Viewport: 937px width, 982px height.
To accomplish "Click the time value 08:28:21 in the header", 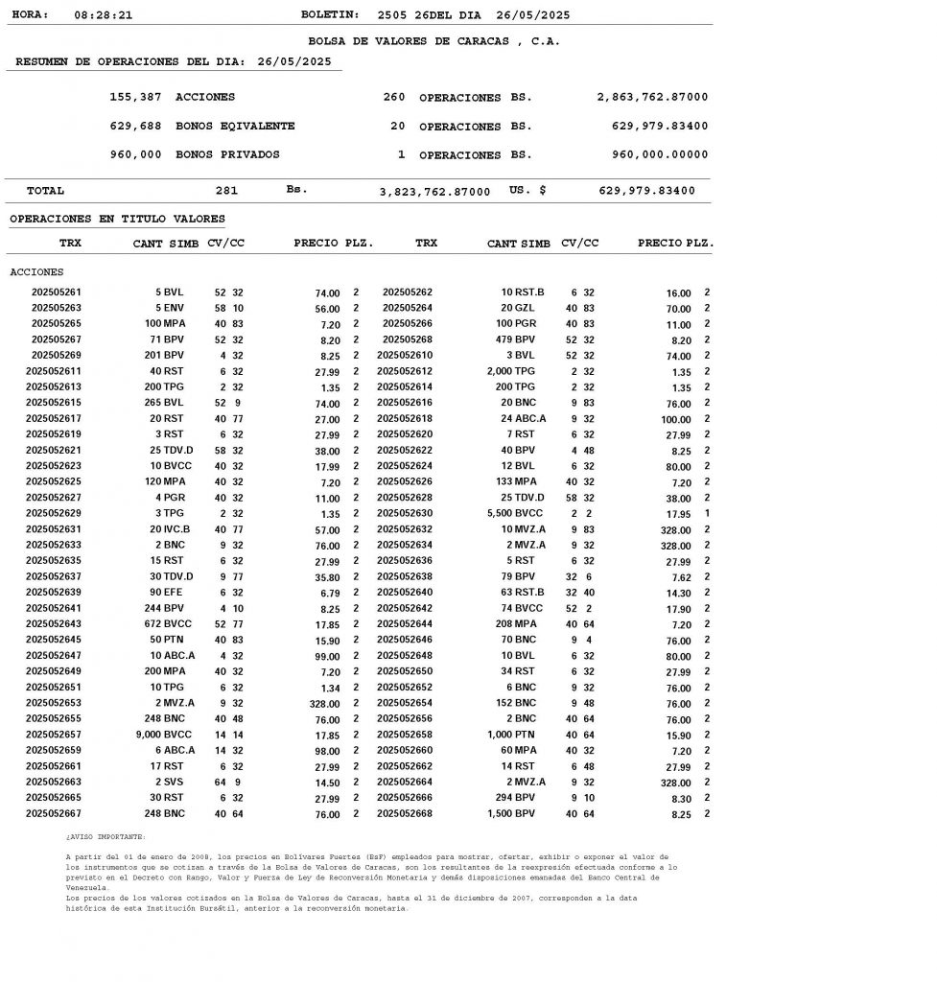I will [x=103, y=15].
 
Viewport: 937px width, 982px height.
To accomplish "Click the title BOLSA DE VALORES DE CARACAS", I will [x=433, y=41].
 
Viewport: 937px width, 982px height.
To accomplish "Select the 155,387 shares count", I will [x=136, y=98].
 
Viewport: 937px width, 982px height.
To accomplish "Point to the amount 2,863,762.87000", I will [x=652, y=98].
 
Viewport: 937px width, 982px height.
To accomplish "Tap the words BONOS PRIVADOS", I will [x=227, y=154].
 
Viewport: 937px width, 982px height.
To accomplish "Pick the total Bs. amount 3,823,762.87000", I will [x=434, y=192].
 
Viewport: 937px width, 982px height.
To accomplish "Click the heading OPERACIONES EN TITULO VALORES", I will [x=117, y=220].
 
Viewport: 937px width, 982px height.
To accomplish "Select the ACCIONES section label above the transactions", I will [x=36, y=272].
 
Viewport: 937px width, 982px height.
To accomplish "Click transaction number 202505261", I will [x=57, y=292].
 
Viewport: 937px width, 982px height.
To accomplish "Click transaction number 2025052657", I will [x=54, y=734].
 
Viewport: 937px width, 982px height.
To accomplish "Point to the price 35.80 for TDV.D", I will [x=327, y=577].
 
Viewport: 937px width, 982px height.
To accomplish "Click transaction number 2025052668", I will [x=405, y=813].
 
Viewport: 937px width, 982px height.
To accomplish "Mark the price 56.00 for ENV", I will [x=327, y=309].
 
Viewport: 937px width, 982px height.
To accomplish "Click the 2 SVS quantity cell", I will [x=170, y=782].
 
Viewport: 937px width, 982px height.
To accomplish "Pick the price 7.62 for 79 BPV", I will [x=678, y=577].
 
